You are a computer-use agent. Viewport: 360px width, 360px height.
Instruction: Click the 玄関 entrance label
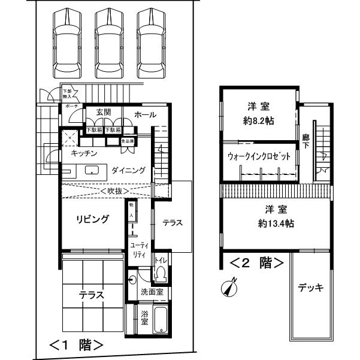tap(103, 113)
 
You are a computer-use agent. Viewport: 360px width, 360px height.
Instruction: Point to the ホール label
tap(145, 114)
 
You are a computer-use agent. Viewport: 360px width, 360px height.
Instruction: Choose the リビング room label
tap(92, 219)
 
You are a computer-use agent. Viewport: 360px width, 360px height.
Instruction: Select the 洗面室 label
tap(152, 292)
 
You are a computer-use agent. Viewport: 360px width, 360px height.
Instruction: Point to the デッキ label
tap(310, 288)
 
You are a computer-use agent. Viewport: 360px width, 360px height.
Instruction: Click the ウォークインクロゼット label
tap(259, 156)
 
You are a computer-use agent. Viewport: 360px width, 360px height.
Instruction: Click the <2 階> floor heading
tap(256, 262)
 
